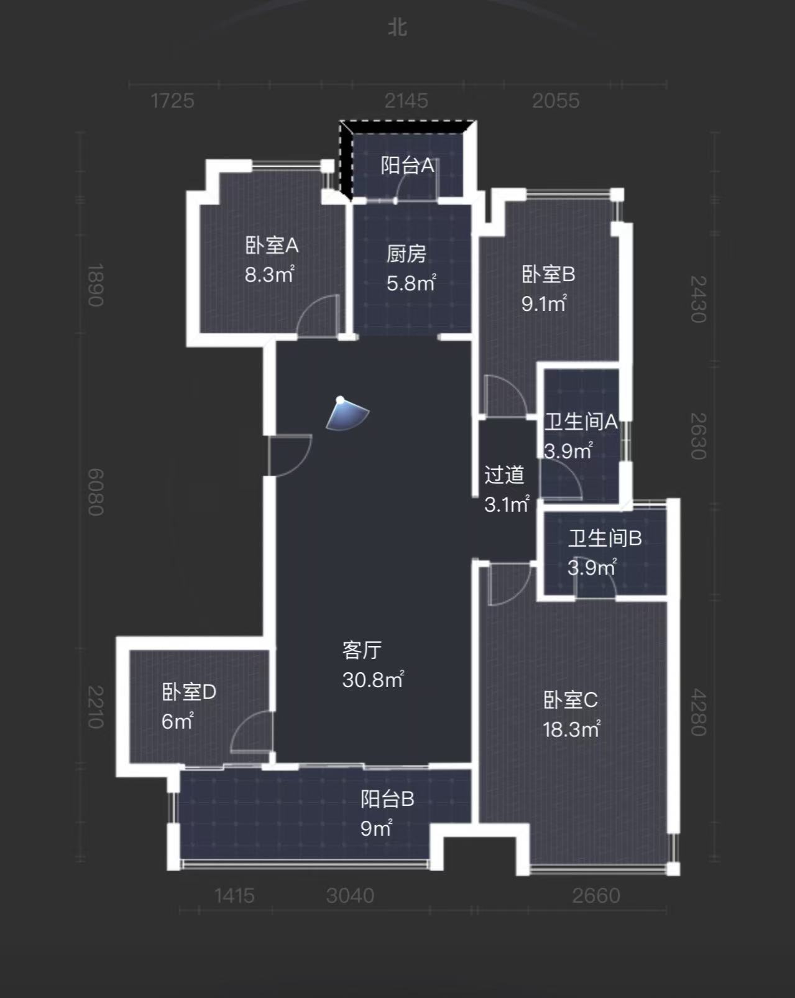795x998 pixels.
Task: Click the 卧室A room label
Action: tap(272, 246)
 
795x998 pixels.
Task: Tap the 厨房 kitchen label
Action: tap(406, 254)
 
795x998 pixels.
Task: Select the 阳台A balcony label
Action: tap(407, 165)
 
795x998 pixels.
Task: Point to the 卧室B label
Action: tap(548, 274)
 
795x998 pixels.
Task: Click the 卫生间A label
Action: tap(581, 422)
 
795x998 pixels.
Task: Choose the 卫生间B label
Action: tap(604, 538)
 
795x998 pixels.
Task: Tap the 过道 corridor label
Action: tap(504, 475)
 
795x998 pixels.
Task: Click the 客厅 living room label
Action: tap(362, 650)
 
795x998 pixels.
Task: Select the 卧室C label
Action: tap(570, 700)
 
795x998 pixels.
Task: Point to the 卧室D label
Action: tap(188, 692)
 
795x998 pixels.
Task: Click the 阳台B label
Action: tap(387, 799)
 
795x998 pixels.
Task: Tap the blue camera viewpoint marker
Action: tap(347, 414)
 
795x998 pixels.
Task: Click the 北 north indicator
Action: tap(397, 27)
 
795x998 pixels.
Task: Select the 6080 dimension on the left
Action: tap(95, 492)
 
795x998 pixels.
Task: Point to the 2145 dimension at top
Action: tap(406, 101)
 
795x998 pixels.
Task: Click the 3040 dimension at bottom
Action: tap(350, 895)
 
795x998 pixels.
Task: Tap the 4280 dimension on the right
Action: tap(699, 712)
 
